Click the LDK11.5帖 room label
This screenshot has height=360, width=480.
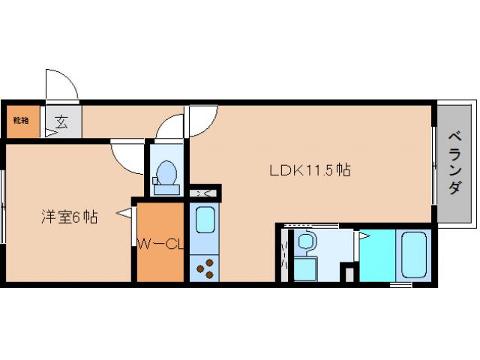tap(310, 170)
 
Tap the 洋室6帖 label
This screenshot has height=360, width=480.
tap(68, 217)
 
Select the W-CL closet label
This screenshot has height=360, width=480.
tap(160, 244)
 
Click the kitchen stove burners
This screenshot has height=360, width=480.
tap(205, 265)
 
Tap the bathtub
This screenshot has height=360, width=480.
tap(412, 254)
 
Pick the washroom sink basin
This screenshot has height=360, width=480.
tap(306, 242)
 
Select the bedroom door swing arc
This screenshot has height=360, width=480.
tap(127, 156)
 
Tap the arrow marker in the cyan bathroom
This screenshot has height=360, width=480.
tap(363, 236)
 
